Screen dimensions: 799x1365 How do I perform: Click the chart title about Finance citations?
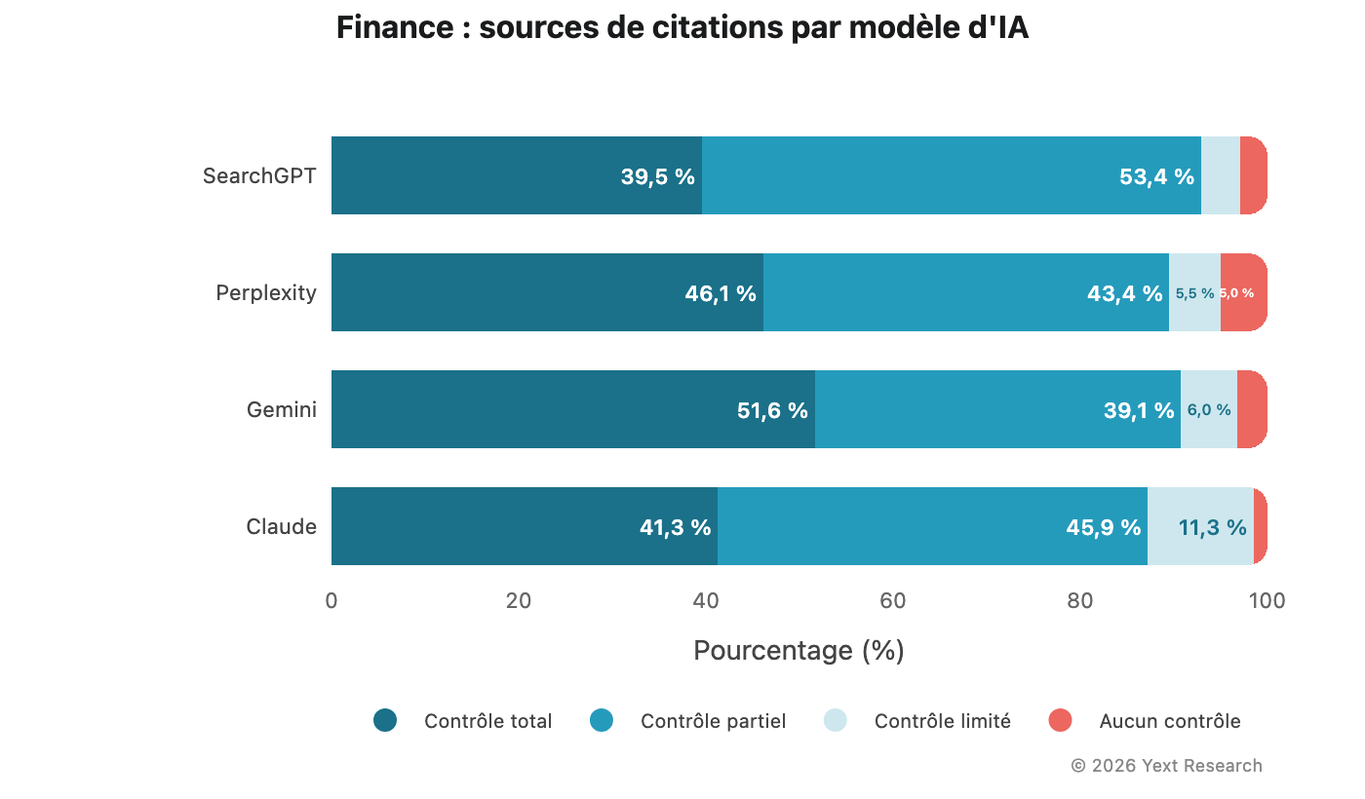[x=682, y=28]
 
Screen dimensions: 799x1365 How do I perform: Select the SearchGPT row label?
[x=259, y=176]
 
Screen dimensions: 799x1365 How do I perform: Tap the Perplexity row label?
[x=266, y=293]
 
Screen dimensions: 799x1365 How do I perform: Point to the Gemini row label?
[x=281, y=410]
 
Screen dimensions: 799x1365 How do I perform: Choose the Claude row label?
[x=281, y=527]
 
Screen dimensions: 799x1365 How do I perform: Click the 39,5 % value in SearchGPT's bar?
[x=657, y=177]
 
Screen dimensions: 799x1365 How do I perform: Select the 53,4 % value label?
[x=1156, y=177]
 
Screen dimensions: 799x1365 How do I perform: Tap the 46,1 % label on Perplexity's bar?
[x=721, y=294]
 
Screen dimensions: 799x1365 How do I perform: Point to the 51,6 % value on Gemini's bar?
[x=772, y=411]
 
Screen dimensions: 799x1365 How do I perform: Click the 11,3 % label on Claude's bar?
[x=1212, y=528]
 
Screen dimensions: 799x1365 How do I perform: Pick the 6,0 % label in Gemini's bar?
[x=1208, y=411]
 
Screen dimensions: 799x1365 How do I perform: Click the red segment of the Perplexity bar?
[x=1244, y=292]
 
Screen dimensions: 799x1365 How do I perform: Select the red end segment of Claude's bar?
[x=1261, y=526]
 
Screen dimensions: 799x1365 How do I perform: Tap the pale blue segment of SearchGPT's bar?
[x=1220, y=175]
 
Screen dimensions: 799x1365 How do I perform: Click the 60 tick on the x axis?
[x=893, y=601]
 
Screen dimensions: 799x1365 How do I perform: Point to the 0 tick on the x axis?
[x=331, y=601]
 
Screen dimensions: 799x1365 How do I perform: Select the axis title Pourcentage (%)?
[x=799, y=651]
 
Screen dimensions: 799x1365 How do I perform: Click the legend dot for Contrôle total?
[x=385, y=721]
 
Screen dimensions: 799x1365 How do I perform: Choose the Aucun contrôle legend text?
[x=1169, y=722]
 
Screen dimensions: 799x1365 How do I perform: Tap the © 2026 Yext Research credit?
[x=1166, y=766]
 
